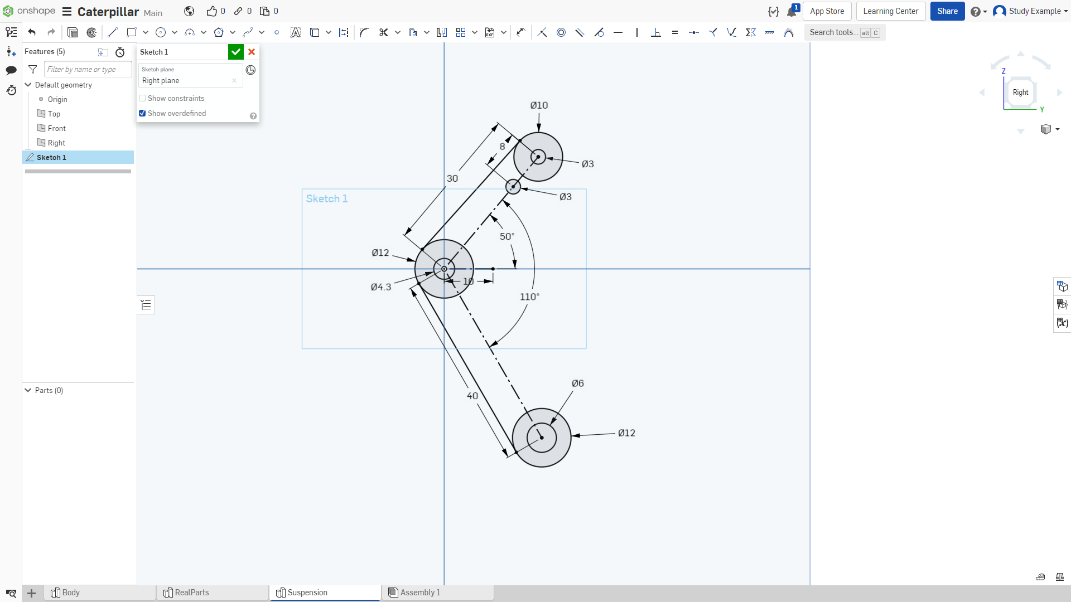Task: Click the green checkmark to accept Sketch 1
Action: tap(236, 52)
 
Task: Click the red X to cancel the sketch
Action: tap(252, 52)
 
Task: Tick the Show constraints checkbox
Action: tap(142, 98)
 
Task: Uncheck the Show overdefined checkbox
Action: tap(142, 113)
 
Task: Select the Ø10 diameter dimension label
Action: tap(539, 105)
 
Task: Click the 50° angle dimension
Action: tap(507, 236)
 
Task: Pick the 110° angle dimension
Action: tap(529, 297)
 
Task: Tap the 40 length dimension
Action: tap(472, 396)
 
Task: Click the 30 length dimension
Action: tap(452, 178)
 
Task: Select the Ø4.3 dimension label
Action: tap(381, 287)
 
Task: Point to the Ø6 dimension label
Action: tap(578, 383)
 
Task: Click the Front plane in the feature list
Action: tap(57, 128)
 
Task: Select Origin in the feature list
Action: tap(57, 99)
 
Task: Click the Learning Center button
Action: tap(891, 11)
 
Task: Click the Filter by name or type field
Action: tap(88, 69)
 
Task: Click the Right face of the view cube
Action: tap(1020, 93)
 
